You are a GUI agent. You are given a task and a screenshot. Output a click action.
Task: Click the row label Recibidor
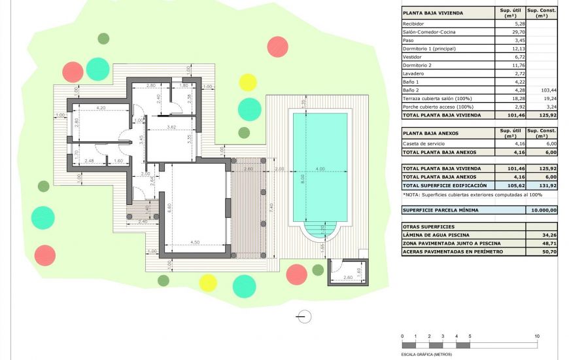point(414,24)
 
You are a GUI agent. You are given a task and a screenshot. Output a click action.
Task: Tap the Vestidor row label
point(413,57)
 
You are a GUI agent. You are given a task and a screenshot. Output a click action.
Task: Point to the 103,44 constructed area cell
point(542,90)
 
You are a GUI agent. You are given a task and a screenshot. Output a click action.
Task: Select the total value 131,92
point(542,185)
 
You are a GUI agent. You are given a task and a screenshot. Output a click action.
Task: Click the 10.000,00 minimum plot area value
point(542,210)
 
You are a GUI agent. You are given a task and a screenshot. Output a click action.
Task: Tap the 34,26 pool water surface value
point(542,234)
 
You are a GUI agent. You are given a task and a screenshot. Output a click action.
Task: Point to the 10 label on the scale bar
point(537,336)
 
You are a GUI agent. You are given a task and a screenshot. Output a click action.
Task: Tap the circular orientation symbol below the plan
point(303,317)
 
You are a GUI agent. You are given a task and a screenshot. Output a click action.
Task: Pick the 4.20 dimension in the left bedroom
point(100,107)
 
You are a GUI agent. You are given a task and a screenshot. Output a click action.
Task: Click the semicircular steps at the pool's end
point(320,230)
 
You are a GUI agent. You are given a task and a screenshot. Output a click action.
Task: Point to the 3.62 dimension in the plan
point(171,126)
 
